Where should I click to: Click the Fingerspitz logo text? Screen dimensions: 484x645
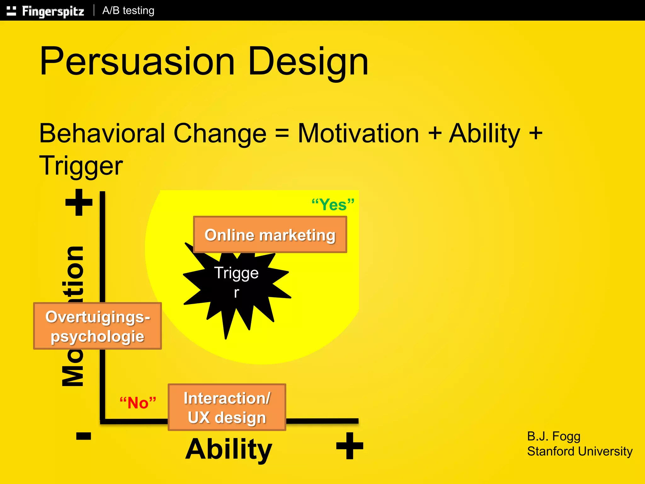pos(53,11)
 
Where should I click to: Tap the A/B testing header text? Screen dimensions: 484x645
pos(128,11)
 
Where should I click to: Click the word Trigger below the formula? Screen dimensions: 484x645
pos(81,166)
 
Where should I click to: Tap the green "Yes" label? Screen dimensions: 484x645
pos(333,205)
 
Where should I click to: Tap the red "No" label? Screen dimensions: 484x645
pos(138,403)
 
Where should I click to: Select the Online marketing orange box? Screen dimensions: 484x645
pos(270,234)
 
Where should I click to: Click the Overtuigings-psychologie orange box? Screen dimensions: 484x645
pos(98,326)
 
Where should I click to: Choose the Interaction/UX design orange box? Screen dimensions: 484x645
pos(227,407)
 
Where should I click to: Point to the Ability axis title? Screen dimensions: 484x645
pos(229,449)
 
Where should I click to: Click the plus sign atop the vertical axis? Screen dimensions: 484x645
pos(79,202)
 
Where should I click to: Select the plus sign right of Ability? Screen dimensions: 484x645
pos(350,446)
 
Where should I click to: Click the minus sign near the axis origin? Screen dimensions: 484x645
pos(83,436)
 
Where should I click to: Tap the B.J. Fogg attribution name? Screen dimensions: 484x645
pos(553,436)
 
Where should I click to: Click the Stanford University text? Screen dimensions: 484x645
pos(579,452)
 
